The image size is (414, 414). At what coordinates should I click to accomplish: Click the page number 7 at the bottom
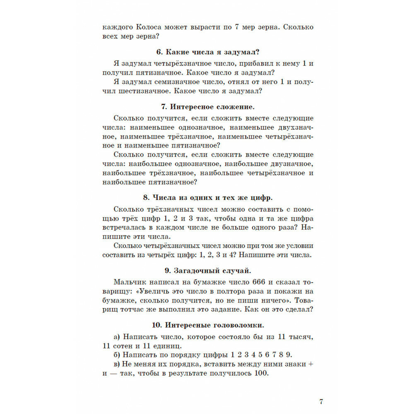pyautogui.click(x=321, y=402)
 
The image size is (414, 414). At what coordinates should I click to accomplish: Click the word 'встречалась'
pyautogui.click(x=125, y=227)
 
